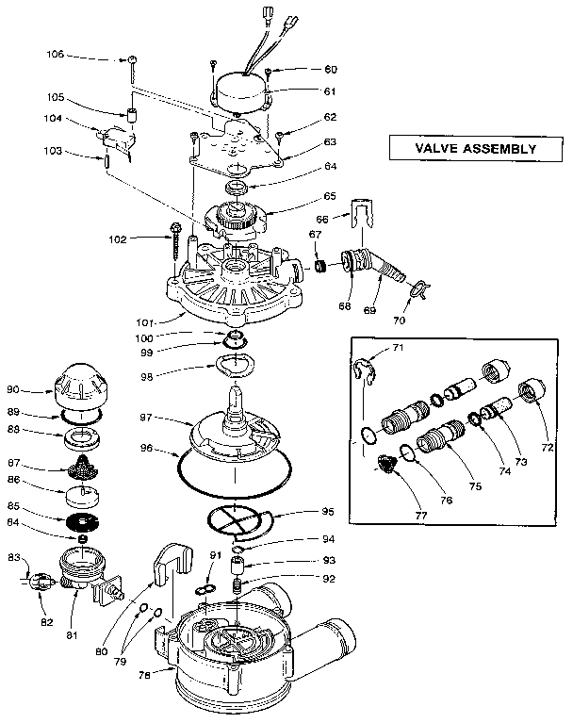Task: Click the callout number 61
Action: [x=303, y=92]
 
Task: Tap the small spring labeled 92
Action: [x=237, y=588]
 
